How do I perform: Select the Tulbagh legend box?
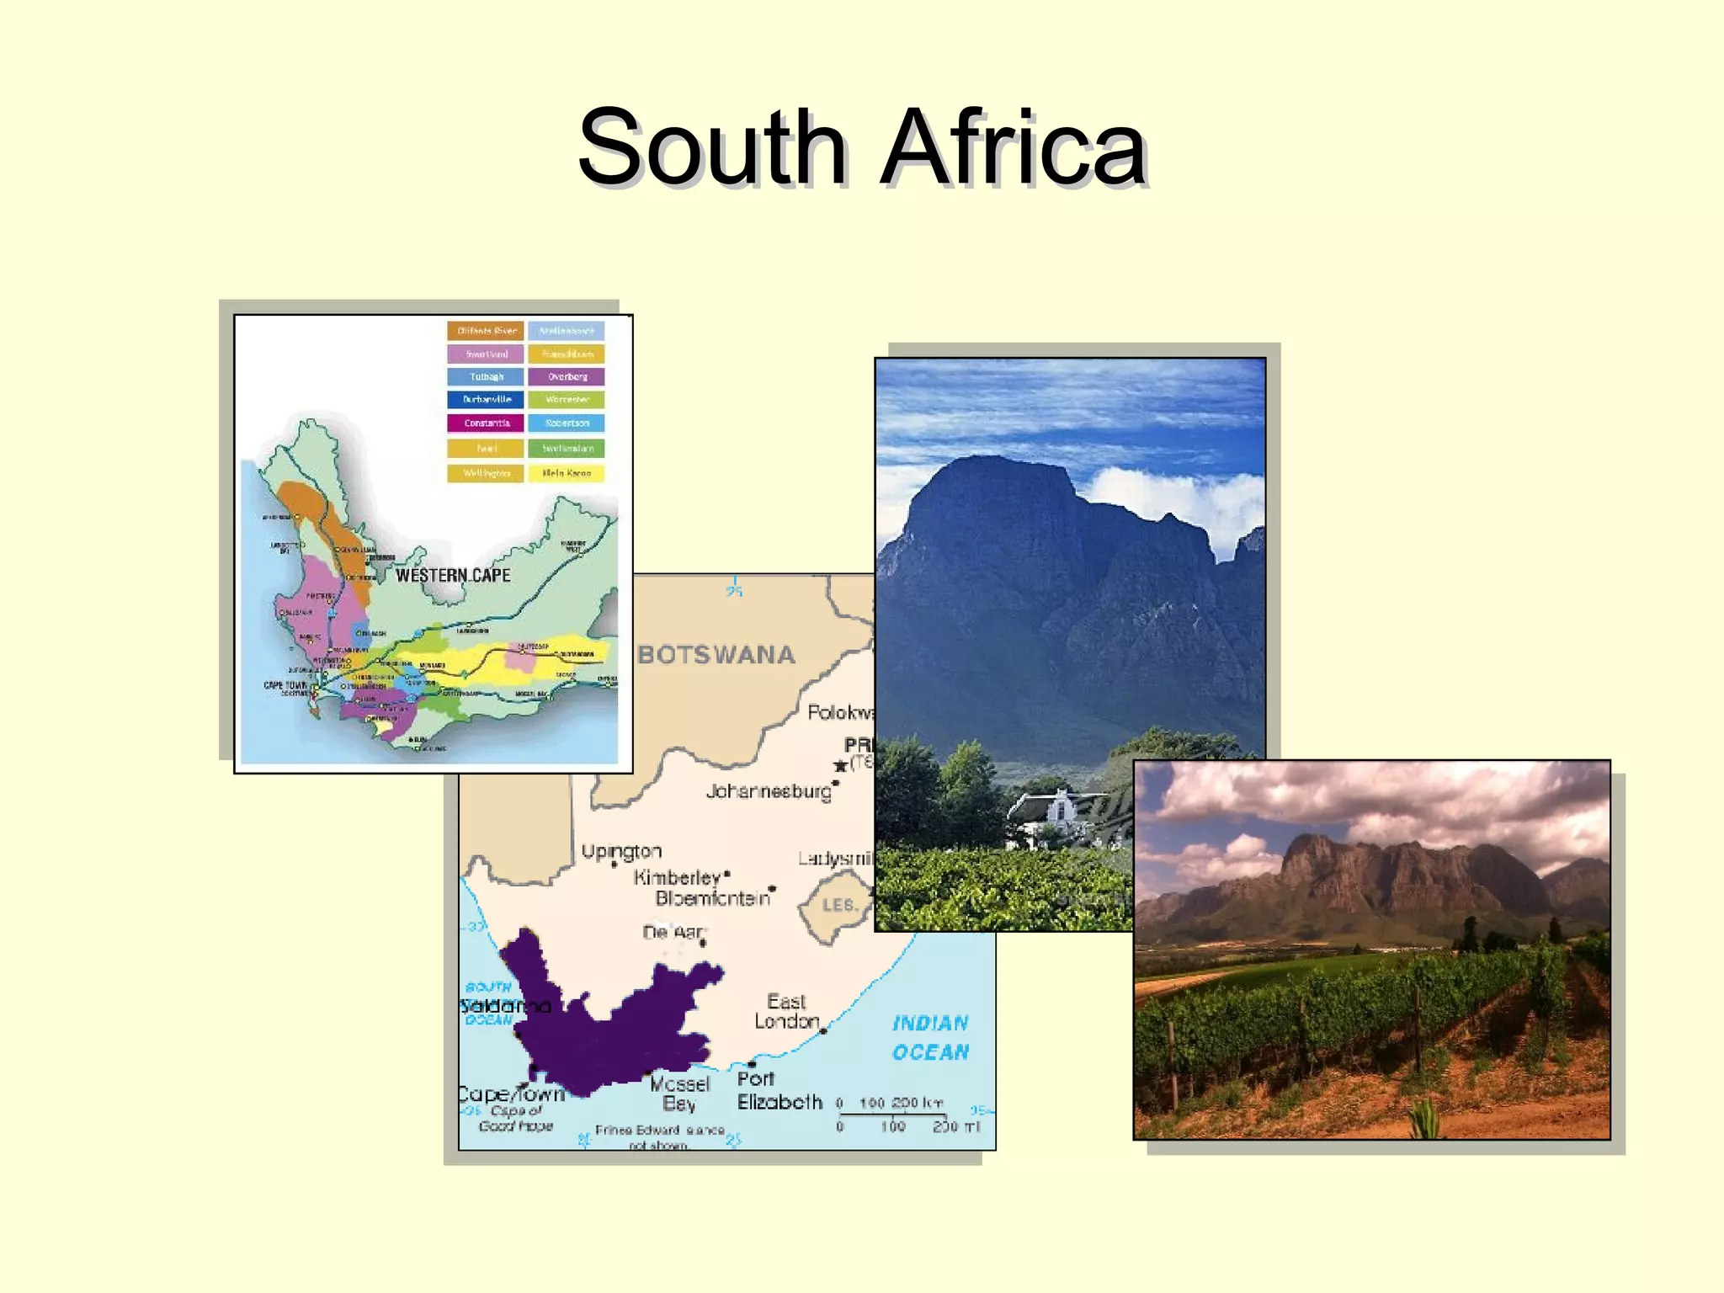486,377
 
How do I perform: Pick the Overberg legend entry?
567,377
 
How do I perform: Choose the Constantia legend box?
486,423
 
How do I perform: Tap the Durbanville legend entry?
486,400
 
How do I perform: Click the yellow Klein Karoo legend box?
567,474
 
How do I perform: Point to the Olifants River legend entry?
486,331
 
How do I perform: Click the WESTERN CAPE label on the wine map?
453,576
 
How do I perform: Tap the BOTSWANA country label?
716,655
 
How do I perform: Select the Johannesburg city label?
769,791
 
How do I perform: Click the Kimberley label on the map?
677,878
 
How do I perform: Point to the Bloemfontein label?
712,898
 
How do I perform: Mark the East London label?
786,1012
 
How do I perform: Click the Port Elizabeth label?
779,1091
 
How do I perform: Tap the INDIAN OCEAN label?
930,1038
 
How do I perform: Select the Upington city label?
621,851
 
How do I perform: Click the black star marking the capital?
840,766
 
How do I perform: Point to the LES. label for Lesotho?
839,906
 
